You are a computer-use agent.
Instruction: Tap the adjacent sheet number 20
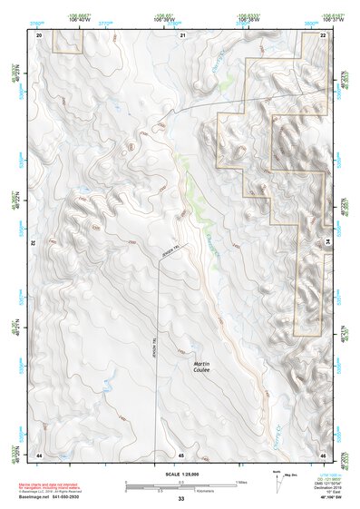click(39, 34)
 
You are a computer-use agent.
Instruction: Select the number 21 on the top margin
click(182, 34)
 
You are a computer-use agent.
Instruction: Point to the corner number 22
click(323, 34)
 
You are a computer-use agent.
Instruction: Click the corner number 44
click(39, 454)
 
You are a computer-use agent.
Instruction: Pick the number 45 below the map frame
click(181, 454)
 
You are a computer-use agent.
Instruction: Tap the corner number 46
click(323, 454)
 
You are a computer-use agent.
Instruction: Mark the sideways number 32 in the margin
click(33, 242)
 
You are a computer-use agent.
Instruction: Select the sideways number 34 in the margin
click(328, 242)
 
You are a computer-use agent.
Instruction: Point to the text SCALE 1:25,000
click(181, 475)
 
